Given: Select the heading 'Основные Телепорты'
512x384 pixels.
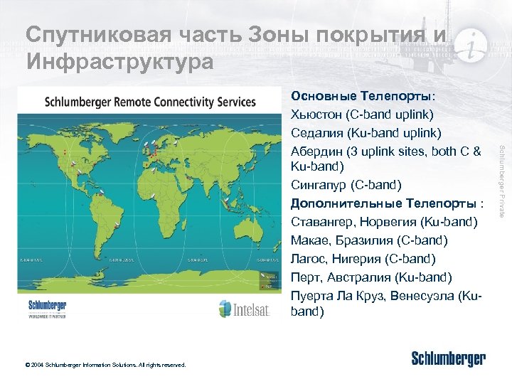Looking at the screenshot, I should pos(363,96).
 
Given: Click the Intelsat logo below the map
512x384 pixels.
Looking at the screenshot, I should pos(244,308).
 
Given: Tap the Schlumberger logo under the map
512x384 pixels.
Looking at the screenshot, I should pos(48,308).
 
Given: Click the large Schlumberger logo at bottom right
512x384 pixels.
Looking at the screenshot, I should pos(448,359).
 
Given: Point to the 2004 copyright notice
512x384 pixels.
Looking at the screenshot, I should pos(105,365).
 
